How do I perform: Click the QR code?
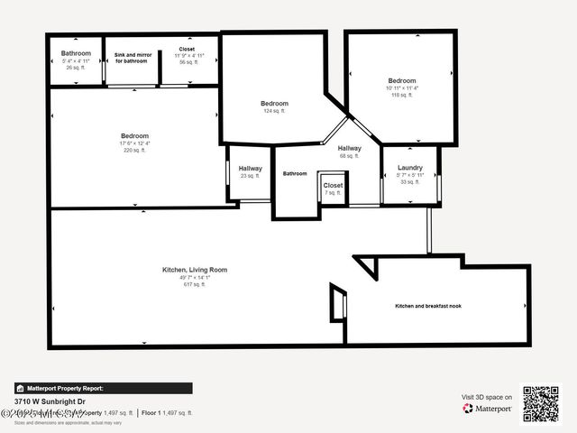(x=541, y=403)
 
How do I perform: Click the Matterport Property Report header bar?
(x=103, y=388)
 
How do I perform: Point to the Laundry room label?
(x=409, y=168)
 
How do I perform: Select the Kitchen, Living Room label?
(x=194, y=270)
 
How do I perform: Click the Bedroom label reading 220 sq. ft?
(x=134, y=136)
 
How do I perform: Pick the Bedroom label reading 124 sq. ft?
(x=274, y=104)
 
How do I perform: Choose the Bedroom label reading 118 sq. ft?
(x=401, y=81)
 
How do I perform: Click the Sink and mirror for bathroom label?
(x=132, y=58)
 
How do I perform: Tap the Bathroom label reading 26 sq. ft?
(x=76, y=53)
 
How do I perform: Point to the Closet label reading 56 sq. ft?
(x=188, y=50)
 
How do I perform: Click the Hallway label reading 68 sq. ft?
(x=350, y=149)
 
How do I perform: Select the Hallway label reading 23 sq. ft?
(x=250, y=169)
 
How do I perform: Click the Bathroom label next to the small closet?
(x=295, y=173)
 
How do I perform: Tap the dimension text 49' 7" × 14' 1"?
(x=194, y=278)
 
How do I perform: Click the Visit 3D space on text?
(x=487, y=397)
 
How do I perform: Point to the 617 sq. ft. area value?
(x=194, y=285)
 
